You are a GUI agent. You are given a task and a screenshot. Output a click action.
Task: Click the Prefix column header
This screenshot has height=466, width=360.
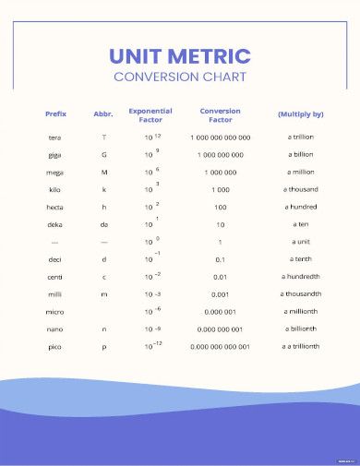tap(55, 114)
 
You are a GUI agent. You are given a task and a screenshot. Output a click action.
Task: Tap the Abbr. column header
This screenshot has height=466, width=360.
tap(103, 114)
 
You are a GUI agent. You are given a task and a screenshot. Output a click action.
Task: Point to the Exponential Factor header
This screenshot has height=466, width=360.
tap(150, 114)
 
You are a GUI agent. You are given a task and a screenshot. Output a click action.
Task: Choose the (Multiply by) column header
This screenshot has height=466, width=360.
tap(300, 114)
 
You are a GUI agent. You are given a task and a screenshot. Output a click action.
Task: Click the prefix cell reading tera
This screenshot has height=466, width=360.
tap(55, 137)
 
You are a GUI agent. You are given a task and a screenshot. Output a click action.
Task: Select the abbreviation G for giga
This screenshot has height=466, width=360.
tap(103, 155)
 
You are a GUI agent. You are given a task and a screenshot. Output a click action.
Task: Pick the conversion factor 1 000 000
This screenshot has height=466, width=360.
tap(220, 173)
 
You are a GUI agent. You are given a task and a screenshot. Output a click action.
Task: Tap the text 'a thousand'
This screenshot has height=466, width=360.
tap(300, 190)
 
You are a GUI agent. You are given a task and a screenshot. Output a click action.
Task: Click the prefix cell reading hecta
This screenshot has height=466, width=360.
tap(55, 208)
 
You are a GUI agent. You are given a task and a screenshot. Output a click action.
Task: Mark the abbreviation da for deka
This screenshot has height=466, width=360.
tap(103, 224)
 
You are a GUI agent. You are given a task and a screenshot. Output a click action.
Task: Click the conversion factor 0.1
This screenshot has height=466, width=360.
tap(220, 259)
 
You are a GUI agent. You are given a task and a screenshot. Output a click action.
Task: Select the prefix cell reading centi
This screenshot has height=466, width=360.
tap(55, 277)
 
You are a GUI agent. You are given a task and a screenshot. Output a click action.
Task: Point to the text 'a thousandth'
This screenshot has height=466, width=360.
tap(300, 294)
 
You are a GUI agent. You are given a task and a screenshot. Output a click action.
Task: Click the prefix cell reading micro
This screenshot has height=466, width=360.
tap(55, 312)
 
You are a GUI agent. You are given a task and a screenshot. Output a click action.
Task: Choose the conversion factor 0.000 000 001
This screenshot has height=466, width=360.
tap(220, 329)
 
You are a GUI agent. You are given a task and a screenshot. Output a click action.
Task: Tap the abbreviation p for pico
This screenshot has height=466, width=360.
tap(103, 347)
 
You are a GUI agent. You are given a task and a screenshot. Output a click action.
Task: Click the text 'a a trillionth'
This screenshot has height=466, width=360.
tap(300, 347)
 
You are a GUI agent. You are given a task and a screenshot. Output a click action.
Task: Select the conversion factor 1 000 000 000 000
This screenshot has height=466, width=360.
tap(220, 137)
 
